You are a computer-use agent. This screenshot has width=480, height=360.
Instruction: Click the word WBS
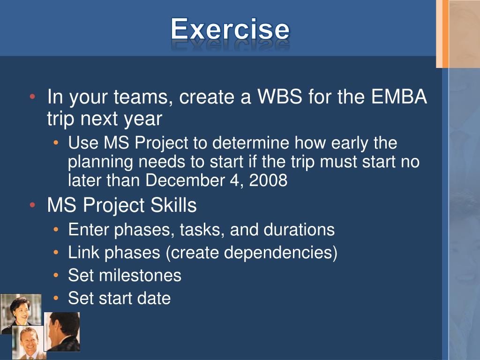280,97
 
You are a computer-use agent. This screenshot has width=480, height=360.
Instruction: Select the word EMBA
399,97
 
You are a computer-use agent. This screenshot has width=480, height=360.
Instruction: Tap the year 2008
268,180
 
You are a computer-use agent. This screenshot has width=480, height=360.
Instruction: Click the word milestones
140,275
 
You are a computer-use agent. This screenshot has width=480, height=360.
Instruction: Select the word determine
251,142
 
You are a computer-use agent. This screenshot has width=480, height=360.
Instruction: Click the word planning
100,162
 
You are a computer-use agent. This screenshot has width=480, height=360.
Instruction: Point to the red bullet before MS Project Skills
33,205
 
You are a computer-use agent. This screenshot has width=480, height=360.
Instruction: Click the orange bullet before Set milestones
56,275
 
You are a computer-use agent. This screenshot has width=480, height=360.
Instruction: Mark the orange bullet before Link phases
56,252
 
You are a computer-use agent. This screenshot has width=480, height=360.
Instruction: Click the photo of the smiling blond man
29,343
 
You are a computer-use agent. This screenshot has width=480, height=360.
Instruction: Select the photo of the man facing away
62,332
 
